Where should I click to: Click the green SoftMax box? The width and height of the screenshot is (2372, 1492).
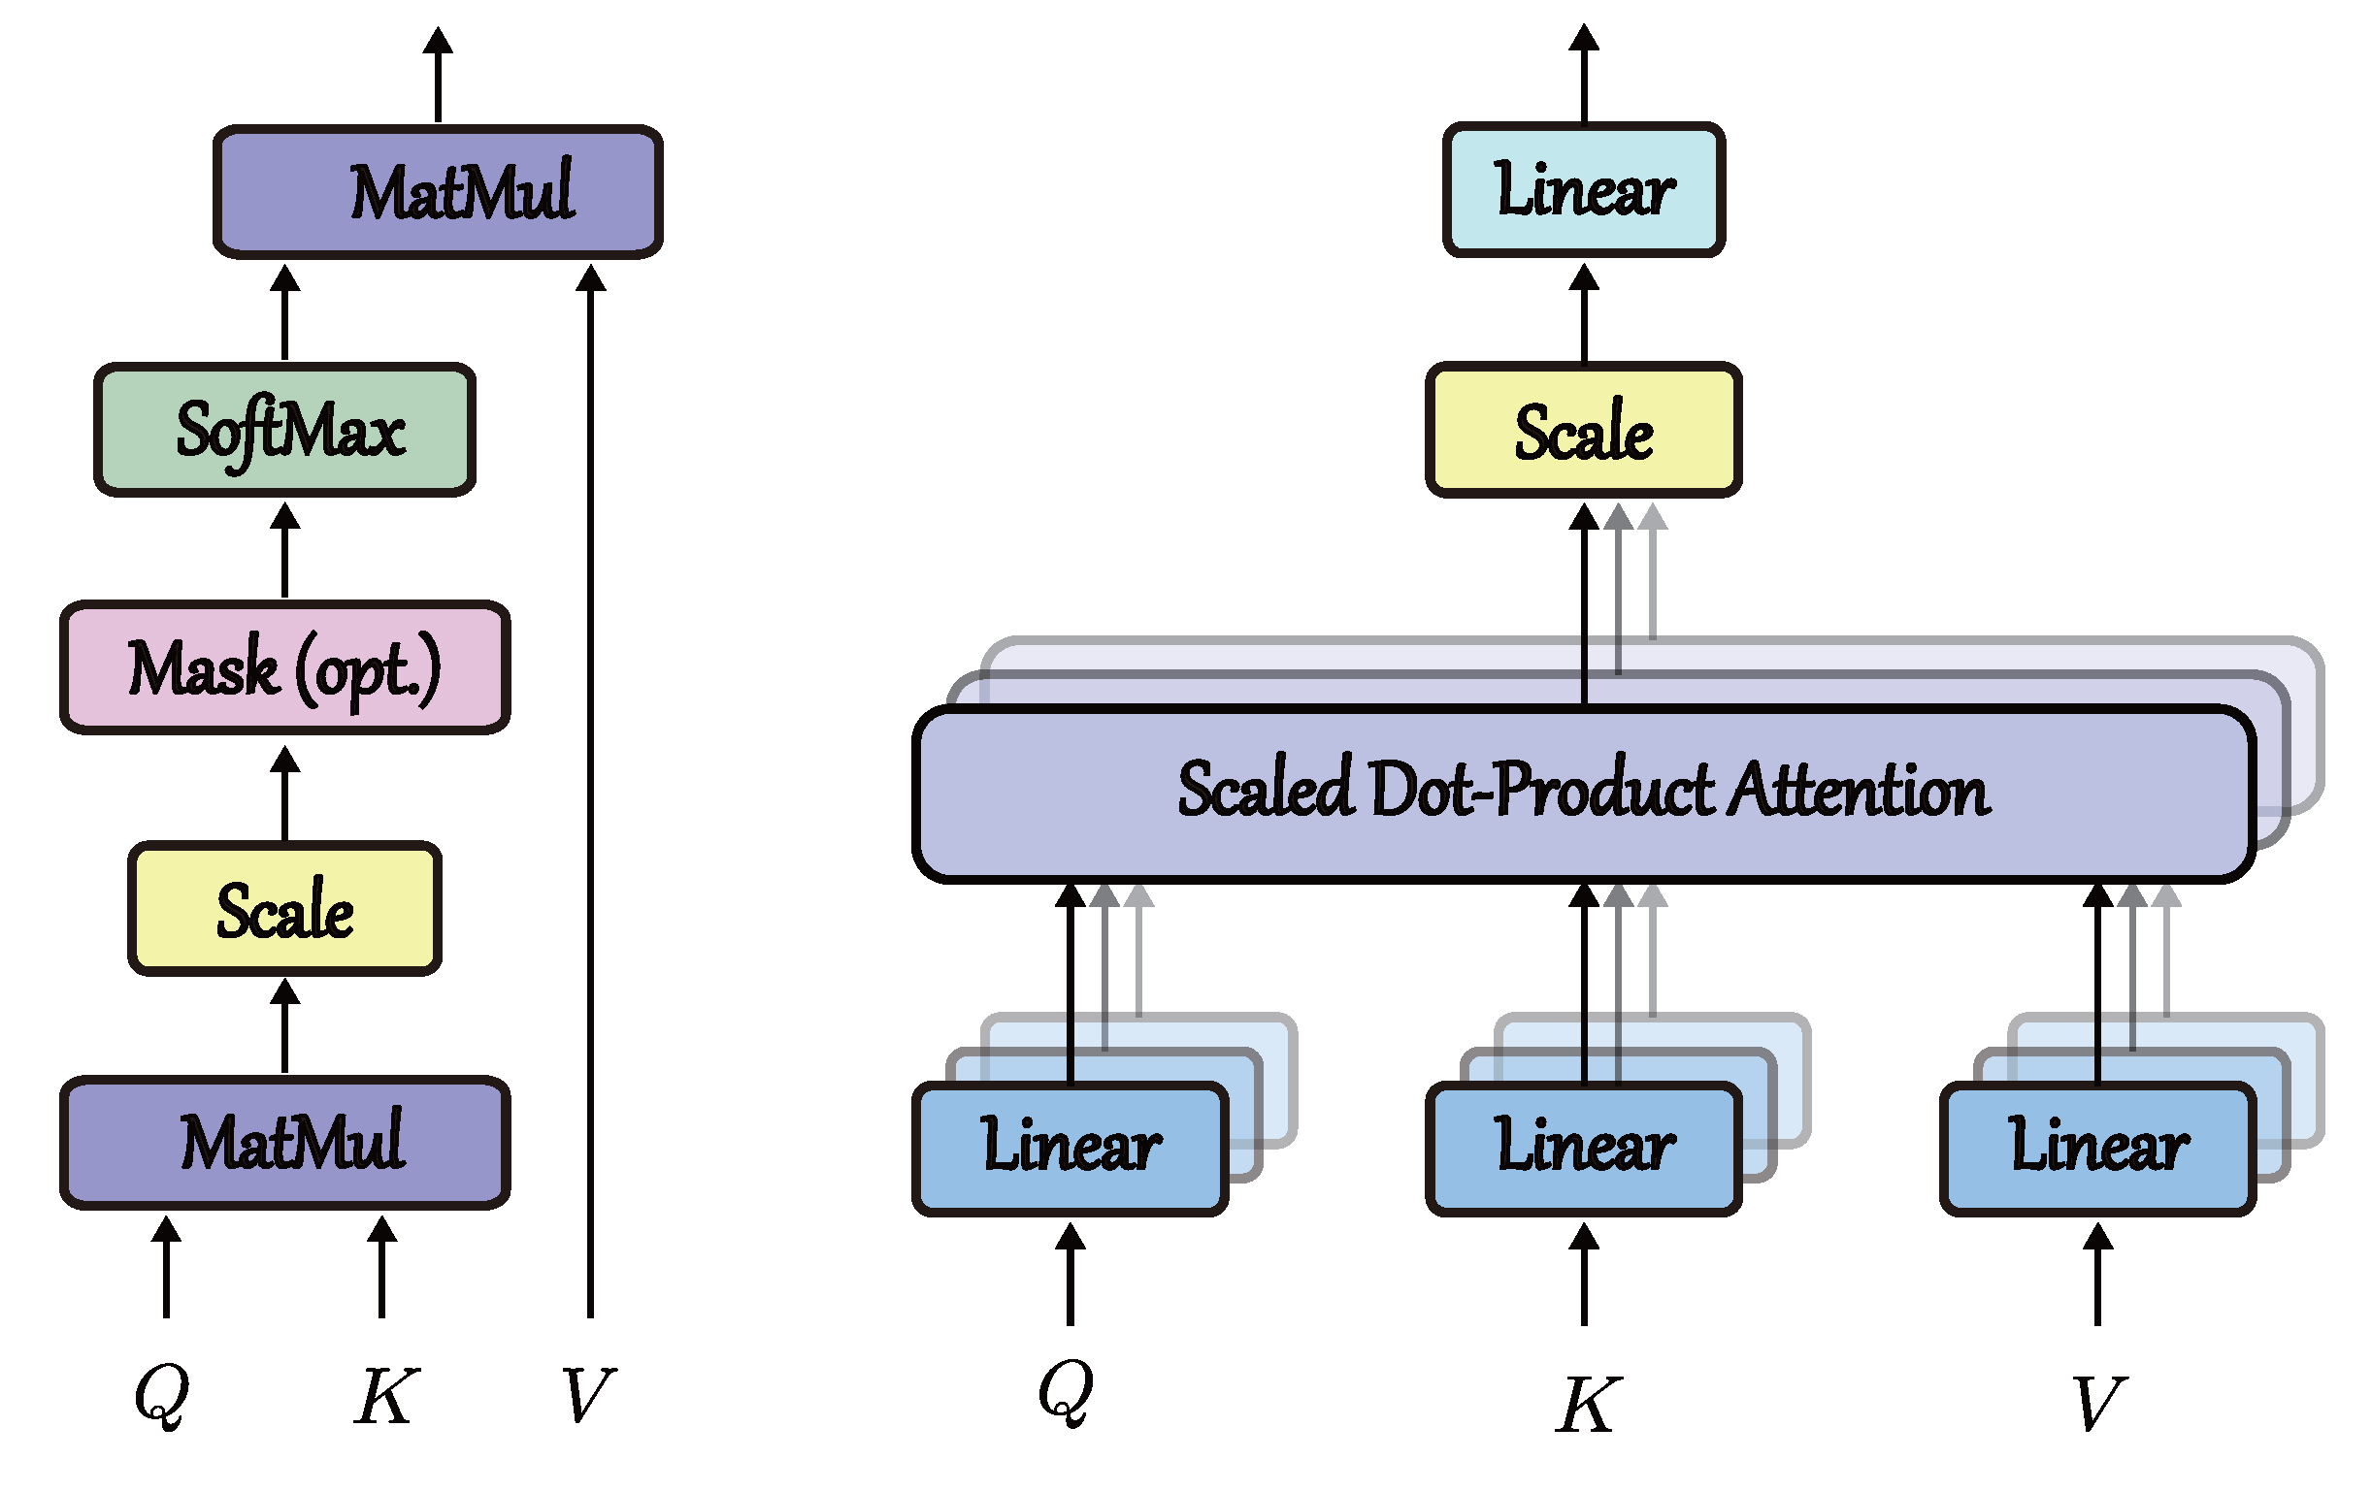pyautogui.click(x=284, y=431)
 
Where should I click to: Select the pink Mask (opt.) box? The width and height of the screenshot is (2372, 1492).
pyautogui.click(x=284, y=667)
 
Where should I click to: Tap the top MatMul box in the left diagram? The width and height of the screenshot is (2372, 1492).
pyautogui.click(x=438, y=192)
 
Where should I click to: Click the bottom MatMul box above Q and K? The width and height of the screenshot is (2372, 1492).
pyautogui.click(x=284, y=1143)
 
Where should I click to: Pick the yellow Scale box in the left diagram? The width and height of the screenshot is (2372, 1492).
pyautogui.click(x=284, y=909)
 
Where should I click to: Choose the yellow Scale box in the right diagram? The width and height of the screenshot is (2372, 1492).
pyautogui.click(x=1583, y=431)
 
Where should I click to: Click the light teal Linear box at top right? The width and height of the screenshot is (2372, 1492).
pyautogui.click(x=1583, y=189)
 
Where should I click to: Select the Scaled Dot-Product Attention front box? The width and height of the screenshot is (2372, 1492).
pyautogui.click(x=1583, y=793)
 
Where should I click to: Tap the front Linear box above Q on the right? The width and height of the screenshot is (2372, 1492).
pyautogui.click(x=1070, y=1149)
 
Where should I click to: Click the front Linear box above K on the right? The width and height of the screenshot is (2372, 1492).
pyautogui.click(x=1583, y=1149)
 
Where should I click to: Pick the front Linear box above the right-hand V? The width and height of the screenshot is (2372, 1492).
pyautogui.click(x=2097, y=1149)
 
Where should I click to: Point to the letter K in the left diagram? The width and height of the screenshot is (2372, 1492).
pyautogui.click(x=385, y=1396)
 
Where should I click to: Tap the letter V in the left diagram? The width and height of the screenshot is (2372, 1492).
pyautogui.click(x=588, y=1396)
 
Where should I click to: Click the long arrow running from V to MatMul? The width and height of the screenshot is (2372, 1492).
pyautogui.click(x=590, y=788)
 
